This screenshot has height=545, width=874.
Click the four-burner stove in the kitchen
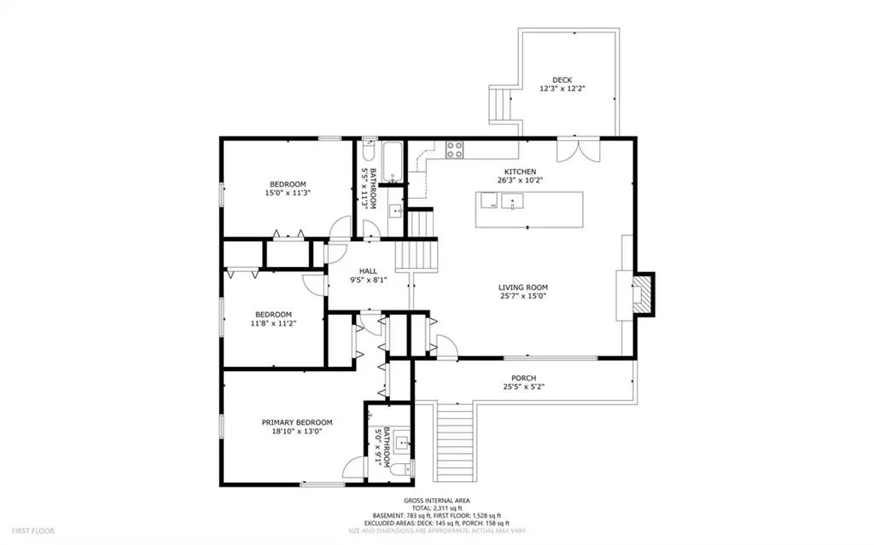[454, 150]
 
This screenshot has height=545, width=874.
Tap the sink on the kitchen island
[512, 200]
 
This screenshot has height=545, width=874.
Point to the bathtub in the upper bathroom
[393, 163]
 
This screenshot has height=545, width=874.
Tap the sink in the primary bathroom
[403, 444]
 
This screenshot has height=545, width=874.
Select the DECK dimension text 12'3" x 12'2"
[562, 89]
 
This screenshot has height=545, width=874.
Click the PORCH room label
[523, 379]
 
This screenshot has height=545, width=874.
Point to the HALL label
[368, 271]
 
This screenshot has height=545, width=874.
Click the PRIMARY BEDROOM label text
[297, 423]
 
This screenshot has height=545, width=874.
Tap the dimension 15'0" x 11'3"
[288, 193]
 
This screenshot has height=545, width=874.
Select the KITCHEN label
[520, 171]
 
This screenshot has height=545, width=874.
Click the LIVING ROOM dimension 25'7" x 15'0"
[523, 297]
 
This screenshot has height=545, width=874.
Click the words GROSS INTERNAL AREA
[436, 501]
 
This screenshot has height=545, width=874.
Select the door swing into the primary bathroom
[353, 468]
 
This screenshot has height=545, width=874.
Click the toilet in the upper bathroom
[369, 150]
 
